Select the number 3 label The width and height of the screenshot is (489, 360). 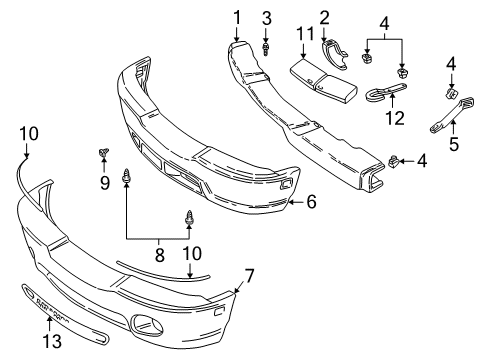[x=266, y=18]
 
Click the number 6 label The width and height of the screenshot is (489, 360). [x=311, y=201]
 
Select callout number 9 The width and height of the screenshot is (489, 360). [x=102, y=181]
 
